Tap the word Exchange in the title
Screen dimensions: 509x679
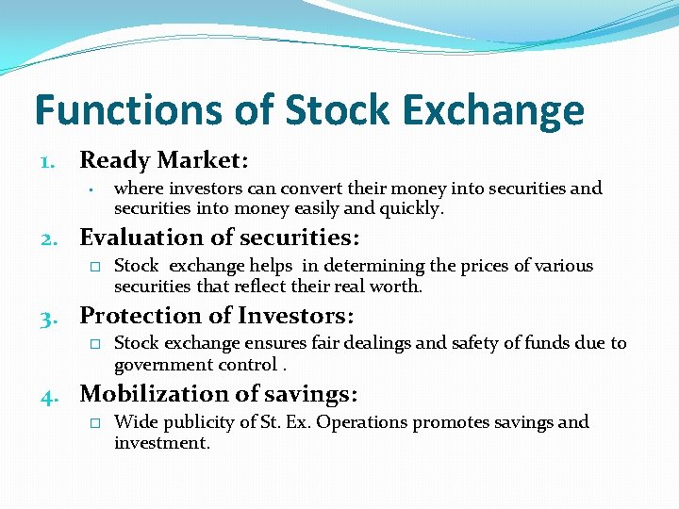(502, 111)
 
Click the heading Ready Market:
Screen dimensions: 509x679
(163, 160)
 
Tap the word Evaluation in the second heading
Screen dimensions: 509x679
(142, 238)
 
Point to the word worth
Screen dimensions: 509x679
(398, 287)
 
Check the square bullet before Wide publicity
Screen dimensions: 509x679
(94, 423)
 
